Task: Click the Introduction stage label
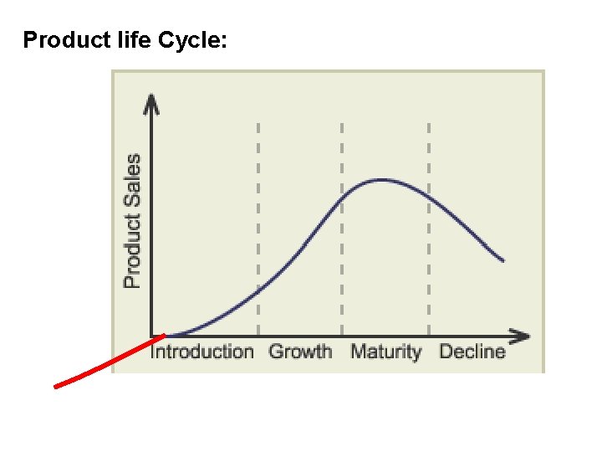pos(202,352)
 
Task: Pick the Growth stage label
pos(300,352)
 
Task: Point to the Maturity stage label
pos(385,352)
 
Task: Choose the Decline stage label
pos(472,352)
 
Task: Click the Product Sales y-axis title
pos(132,221)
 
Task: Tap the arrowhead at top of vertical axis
pos(151,102)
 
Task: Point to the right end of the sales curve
pos(503,261)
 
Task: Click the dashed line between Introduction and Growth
pos(258,226)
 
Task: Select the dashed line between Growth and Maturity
pos(342,226)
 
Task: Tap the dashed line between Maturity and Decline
pos(429,226)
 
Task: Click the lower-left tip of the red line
pos(56,387)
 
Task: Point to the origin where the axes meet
pos(151,336)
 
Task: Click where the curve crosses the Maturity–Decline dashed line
pos(429,197)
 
